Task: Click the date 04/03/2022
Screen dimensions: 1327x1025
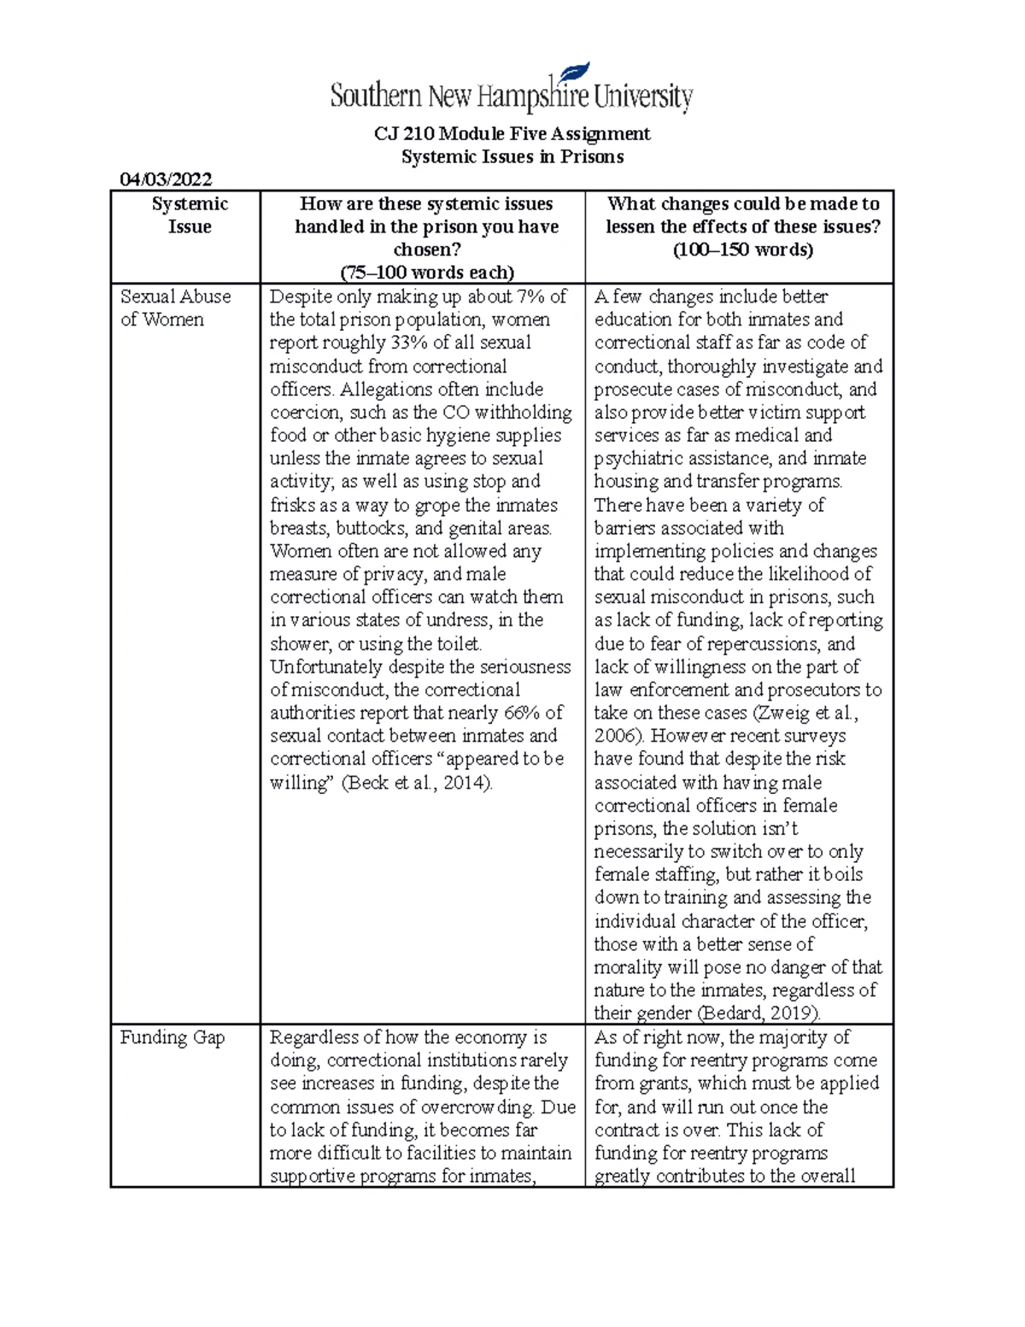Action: coord(166,179)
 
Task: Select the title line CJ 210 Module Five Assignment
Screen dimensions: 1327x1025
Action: coord(512,134)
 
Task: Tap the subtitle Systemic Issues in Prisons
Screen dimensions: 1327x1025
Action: coord(512,157)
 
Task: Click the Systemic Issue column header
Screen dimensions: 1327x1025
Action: coord(190,215)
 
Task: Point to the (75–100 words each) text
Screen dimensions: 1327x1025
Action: coord(427,273)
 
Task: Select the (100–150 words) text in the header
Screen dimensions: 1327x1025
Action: coord(742,250)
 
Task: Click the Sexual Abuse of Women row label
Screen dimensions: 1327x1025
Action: coord(175,308)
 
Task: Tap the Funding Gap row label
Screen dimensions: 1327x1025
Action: coord(172,1037)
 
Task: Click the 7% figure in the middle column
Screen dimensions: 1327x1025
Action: coord(532,297)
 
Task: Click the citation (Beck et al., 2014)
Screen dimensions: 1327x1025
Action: coord(417,783)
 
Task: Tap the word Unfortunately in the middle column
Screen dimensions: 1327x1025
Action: coord(326,666)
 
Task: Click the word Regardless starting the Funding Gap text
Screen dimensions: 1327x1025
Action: coord(312,1037)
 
